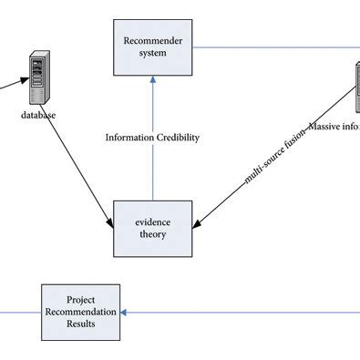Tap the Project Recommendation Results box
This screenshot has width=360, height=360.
[81, 312]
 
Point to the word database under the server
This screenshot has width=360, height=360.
[39, 116]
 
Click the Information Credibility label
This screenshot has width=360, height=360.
[151, 138]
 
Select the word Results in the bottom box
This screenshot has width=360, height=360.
[81, 324]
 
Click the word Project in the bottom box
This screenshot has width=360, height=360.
[81, 298]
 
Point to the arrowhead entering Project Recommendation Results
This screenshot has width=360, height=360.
[124, 312]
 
